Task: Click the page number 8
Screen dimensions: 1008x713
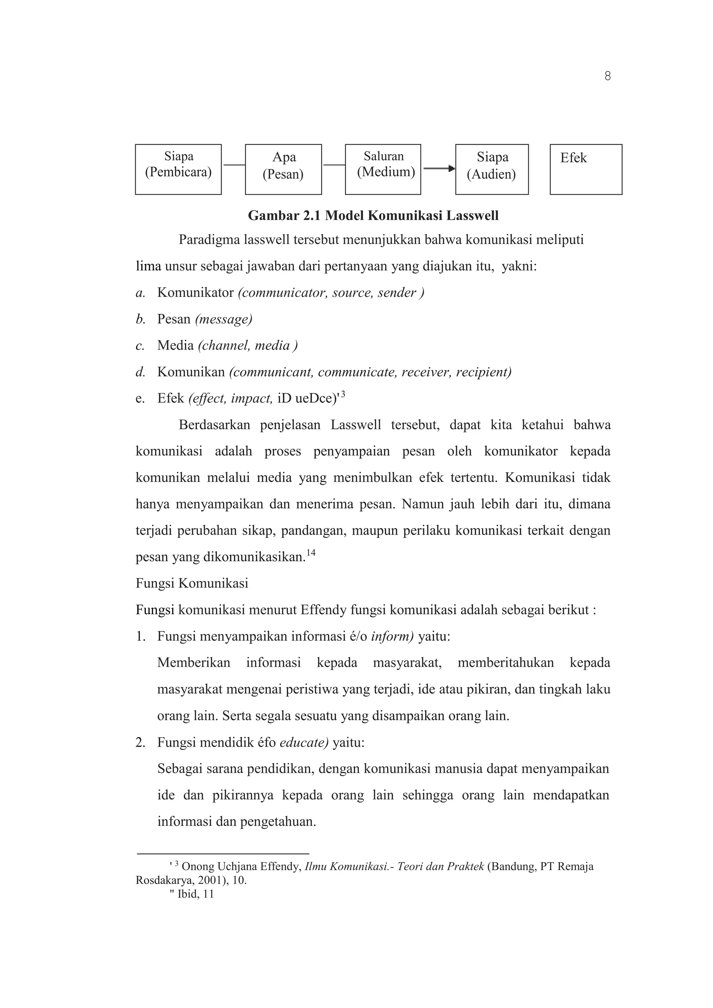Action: pyautogui.click(x=607, y=76)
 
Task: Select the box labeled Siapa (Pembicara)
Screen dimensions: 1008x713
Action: pyautogui.click(x=178, y=169)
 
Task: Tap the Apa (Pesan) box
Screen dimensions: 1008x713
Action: pyautogui.click(x=283, y=169)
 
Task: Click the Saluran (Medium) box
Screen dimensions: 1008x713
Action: pyautogui.click(x=383, y=169)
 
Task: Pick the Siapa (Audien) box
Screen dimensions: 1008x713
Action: pyautogui.click(x=492, y=169)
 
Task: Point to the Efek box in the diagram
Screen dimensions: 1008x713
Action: pyautogui.click(x=586, y=169)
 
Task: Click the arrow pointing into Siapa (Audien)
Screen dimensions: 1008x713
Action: pyautogui.click(x=439, y=168)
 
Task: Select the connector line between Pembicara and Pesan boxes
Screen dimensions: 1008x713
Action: pyautogui.click(x=234, y=165)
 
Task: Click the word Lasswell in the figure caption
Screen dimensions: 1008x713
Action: pyautogui.click(x=472, y=215)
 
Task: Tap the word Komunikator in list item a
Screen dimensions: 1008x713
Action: pyautogui.click(x=195, y=292)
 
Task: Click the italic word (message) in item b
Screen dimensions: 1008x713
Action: pyautogui.click(x=224, y=319)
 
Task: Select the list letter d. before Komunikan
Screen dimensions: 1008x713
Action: pyautogui.click(x=140, y=372)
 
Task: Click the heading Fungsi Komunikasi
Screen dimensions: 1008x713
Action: pyautogui.click(x=192, y=583)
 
